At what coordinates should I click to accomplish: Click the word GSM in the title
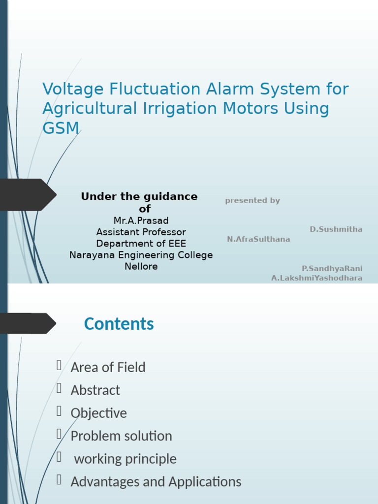(x=61, y=128)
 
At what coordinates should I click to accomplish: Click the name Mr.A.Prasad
(x=141, y=220)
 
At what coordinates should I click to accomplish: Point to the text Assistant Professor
(x=141, y=232)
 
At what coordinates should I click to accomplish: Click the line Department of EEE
(x=141, y=244)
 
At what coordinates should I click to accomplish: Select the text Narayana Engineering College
(x=141, y=255)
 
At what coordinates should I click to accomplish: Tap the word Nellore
(x=141, y=267)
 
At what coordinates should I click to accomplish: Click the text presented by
(x=252, y=200)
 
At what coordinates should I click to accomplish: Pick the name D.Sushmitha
(x=336, y=229)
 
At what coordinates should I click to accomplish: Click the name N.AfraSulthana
(x=258, y=239)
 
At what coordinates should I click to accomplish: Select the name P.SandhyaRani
(x=332, y=268)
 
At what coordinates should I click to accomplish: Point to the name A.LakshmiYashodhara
(x=317, y=278)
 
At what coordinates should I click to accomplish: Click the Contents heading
(x=119, y=324)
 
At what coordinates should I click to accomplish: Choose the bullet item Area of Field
(x=108, y=367)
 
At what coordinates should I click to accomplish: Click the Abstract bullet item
(x=95, y=390)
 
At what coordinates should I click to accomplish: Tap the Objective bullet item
(x=98, y=413)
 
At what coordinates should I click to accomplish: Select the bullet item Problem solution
(x=121, y=436)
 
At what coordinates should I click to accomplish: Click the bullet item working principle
(x=125, y=459)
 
